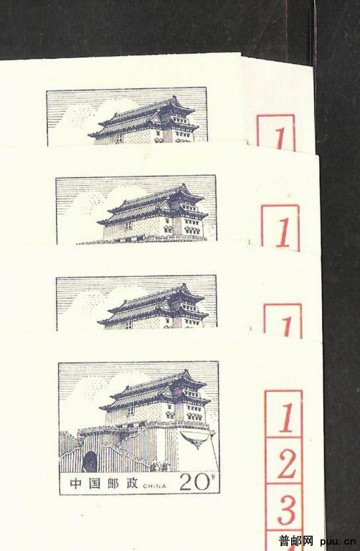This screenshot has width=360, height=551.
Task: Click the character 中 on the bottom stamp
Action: (x=75, y=484)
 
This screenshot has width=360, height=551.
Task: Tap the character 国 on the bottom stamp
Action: (x=94, y=484)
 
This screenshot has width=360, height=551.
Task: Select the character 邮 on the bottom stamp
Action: (x=113, y=484)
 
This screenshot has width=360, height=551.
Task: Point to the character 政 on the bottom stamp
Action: (x=132, y=484)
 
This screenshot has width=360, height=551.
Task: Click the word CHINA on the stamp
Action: (x=154, y=486)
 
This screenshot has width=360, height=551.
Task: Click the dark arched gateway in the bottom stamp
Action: (x=90, y=462)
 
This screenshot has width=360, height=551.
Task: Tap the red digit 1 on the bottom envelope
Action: (x=287, y=418)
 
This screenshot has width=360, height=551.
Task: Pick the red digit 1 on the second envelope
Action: (x=283, y=232)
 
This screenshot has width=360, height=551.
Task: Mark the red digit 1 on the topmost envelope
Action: (x=280, y=139)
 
